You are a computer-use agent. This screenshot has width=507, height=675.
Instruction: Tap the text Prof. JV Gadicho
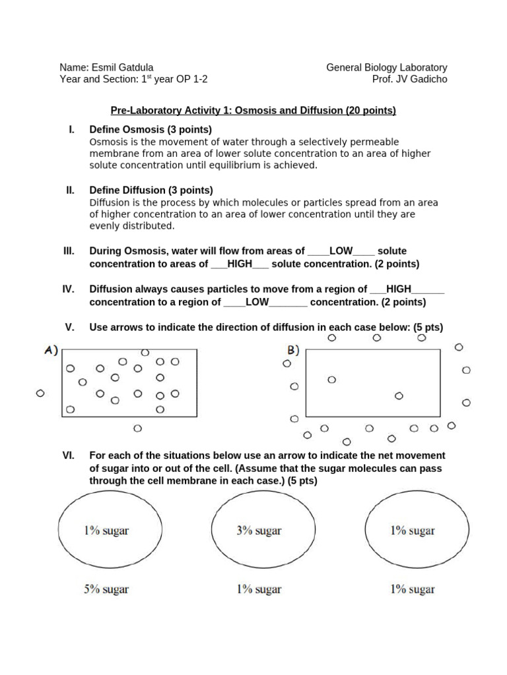tap(409, 80)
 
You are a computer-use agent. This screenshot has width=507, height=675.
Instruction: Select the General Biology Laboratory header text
tap(386, 67)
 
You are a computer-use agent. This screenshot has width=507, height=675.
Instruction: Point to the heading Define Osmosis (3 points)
tap(151, 130)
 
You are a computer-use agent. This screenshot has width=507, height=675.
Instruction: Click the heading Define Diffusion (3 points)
tap(151, 191)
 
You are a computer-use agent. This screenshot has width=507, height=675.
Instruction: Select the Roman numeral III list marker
tap(69, 251)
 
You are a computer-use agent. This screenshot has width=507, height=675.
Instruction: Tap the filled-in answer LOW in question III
tap(341, 251)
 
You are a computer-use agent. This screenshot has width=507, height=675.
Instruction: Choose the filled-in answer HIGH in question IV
tap(399, 289)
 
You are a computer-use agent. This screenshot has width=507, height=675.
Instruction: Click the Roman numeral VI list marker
tap(70, 455)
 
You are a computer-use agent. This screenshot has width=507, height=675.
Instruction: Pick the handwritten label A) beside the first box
tap(51, 351)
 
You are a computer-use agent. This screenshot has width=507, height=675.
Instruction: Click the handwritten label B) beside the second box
tap(293, 350)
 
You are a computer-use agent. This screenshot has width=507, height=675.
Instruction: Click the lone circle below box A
tap(137, 428)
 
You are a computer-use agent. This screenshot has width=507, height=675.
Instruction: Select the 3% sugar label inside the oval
tap(259, 531)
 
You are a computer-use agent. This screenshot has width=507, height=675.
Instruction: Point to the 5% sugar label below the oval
tap(106, 589)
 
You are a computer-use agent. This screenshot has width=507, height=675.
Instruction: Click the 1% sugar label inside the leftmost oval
tap(106, 531)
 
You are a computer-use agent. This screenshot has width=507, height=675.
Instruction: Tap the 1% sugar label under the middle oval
tap(259, 589)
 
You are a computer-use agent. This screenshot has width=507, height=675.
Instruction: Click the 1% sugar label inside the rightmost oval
tap(412, 531)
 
